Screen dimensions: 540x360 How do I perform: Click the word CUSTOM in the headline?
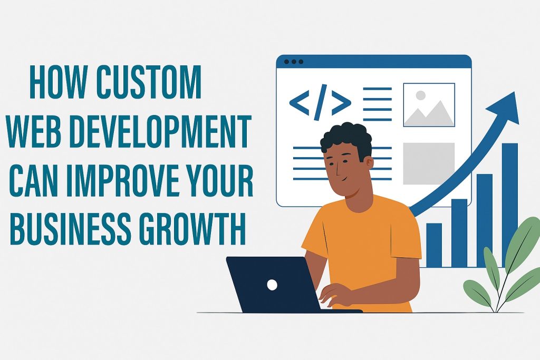149,82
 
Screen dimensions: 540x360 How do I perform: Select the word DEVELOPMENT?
160,131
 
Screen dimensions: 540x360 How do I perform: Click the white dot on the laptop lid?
272,285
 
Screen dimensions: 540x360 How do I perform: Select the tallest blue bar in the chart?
510,205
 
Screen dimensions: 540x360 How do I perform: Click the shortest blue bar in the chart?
434,245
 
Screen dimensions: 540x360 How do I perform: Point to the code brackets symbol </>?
320,102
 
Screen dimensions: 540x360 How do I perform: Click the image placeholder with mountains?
429,105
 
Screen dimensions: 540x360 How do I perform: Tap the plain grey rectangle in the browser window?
429,163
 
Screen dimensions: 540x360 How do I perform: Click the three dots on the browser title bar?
293,62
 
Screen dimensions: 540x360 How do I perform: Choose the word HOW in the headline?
57,82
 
